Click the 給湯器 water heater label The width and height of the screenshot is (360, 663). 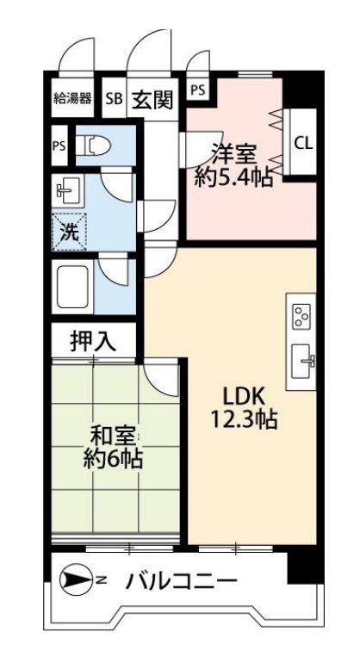(x=72, y=97)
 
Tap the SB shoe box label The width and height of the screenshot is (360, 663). (x=114, y=98)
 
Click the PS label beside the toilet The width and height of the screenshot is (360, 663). (x=59, y=146)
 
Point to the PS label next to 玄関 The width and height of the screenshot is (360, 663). (x=197, y=88)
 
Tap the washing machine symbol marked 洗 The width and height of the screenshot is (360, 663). (x=66, y=230)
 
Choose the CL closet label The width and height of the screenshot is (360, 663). (x=302, y=143)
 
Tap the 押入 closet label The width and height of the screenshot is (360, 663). (x=92, y=340)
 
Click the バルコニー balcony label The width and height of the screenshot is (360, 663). (x=180, y=581)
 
